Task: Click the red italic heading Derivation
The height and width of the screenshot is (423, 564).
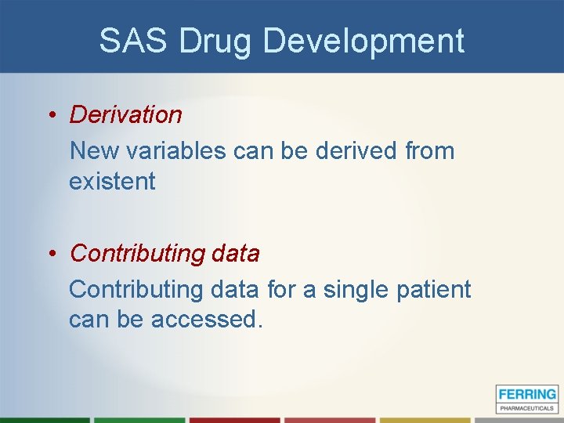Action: [125, 114]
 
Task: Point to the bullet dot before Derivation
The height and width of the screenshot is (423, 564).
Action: [49, 115]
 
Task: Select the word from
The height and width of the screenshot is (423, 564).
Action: [429, 150]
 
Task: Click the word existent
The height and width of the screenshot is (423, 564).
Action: [112, 181]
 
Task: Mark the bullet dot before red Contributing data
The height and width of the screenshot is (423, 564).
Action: [49, 254]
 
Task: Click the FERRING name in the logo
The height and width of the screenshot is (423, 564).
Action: [527, 395]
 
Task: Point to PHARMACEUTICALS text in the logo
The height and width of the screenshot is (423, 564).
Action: [527, 407]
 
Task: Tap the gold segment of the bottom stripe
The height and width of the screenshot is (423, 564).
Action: [422, 420]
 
